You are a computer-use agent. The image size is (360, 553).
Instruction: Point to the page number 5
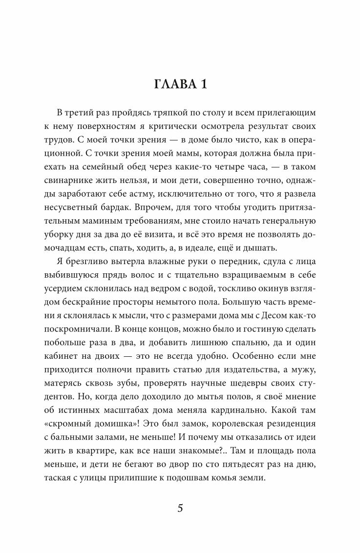point(180,508)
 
